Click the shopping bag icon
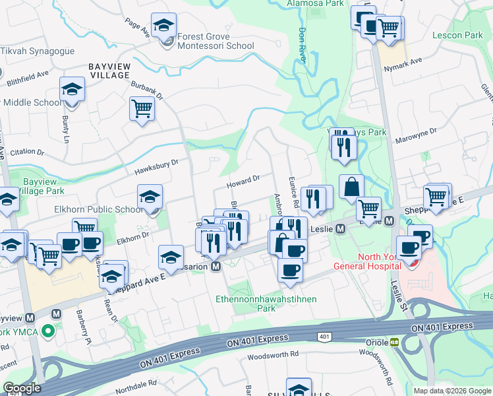[352, 187]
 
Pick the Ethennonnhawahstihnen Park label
[266, 304]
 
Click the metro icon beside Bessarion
[215, 267]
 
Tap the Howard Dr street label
[244, 179]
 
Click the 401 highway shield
[324, 337]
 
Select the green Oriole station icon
[394, 343]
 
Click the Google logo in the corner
[22, 388]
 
